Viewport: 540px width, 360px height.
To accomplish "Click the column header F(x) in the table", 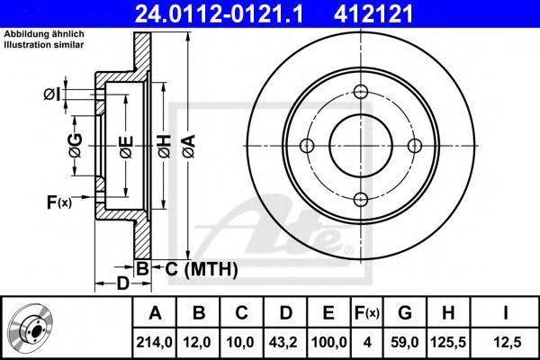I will tap(366, 314).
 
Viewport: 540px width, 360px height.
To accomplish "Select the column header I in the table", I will tap(506, 314).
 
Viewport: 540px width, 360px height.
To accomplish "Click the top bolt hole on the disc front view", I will tap(360, 92).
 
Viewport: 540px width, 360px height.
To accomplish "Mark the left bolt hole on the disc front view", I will tap(306, 146).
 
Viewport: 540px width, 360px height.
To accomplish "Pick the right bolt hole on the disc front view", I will tap(414, 146).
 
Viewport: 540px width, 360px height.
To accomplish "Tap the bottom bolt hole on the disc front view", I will tap(360, 200).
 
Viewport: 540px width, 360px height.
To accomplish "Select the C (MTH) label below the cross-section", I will tap(201, 268).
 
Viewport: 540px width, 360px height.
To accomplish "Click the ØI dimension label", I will tap(51, 93).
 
